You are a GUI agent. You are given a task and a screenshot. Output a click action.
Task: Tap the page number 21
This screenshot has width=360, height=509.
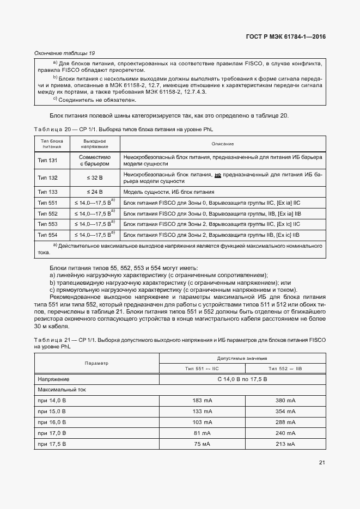(x=322, y=463)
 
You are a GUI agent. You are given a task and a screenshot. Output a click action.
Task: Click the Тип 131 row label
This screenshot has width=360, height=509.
(x=47, y=160)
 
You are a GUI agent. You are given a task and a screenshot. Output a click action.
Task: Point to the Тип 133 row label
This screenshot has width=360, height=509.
(x=47, y=192)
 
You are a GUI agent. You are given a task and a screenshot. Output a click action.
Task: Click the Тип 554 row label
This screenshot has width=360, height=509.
(x=47, y=235)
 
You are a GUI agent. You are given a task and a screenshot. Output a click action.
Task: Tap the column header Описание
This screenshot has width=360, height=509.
(x=223, y=144)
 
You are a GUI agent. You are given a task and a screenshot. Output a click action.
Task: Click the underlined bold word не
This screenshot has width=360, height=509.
(x=218, y=175)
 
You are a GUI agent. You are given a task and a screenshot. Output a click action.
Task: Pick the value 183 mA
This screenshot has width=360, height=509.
(x=202, y=401)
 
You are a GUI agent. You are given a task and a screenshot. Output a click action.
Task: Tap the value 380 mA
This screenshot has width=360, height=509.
(x=285, y=401)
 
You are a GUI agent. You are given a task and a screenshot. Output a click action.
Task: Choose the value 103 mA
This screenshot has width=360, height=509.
(x=202, y=422)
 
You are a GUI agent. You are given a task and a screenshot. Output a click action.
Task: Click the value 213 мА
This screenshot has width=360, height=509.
(x=285, y=444)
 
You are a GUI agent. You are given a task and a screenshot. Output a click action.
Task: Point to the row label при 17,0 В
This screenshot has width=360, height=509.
(x=52, y=433)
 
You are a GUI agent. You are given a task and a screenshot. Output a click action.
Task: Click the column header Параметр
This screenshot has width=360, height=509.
(x=96, y=363)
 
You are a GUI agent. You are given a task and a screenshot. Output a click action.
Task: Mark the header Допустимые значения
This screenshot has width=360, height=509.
(x=242, y=358)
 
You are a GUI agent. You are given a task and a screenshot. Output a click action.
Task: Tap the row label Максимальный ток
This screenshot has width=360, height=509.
(x=62, y=390)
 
